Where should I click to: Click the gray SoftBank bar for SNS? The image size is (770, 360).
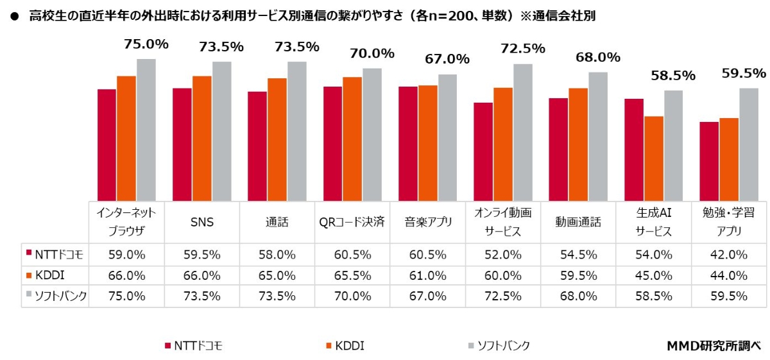click(x=222, y=132)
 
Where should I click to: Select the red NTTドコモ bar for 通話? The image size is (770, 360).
click(x=257, y=146)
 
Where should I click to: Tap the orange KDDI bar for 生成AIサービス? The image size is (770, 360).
click(x=654, y=159)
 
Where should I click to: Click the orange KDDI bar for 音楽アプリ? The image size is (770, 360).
click(x=428, y=143)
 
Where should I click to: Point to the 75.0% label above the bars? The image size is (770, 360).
click(x=146, y=44)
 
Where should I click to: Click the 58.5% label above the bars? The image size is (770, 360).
click(x=673, y=76)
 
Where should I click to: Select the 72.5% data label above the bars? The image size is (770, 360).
click(x=523, y=48)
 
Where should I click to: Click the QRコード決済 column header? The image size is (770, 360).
click(x=352, y=222)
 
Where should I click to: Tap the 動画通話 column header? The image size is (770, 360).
click(x=578, y=222)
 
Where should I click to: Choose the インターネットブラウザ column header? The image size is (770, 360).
click(x=126, y=222)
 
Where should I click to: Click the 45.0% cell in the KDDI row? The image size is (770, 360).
click(x=653, y=275)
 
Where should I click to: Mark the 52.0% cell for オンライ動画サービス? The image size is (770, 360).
click(x=502, y=254)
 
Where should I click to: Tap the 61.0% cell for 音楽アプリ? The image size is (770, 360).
click(x=427, y=275)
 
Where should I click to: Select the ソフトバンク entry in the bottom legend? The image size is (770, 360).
click(x=499, y=345)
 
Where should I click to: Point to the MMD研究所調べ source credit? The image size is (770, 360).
click(x=714, y=345)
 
